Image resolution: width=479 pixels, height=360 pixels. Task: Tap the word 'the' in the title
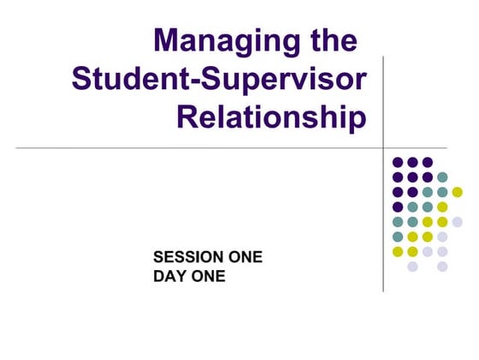pos(331,40)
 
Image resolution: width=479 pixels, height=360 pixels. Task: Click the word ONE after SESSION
pos(239,257)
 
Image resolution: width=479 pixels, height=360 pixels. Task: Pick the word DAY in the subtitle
pos(169,276)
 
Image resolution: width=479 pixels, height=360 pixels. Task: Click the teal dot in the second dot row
pos(442,177)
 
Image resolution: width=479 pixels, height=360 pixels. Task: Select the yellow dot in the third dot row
pos(458,192)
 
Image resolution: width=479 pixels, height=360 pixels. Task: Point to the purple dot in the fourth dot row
pos(398,207)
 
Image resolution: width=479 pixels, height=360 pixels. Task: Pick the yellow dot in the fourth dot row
pos(442,207)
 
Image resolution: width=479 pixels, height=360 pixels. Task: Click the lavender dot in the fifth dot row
pos(458,222)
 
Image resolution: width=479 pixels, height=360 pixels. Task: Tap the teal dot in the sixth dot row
pos(398,237)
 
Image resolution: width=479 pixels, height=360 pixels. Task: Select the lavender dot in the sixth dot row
pos(442,237)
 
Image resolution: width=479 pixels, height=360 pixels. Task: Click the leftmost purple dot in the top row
pos(398,162)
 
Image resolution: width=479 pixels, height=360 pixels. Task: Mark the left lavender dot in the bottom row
pos(412,267)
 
